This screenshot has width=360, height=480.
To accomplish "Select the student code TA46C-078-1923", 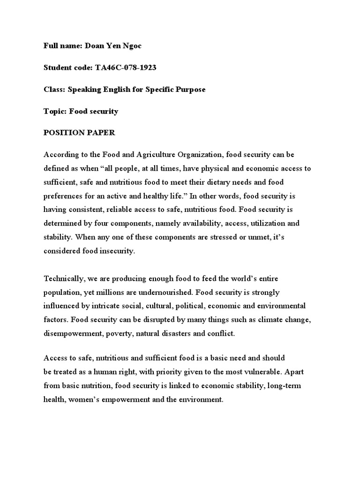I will click(126, 68).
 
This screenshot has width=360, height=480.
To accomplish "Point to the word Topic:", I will click(55, 112).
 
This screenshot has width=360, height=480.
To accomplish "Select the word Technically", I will click(64, 279).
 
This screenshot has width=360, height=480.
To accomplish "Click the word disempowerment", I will click(73, 334).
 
